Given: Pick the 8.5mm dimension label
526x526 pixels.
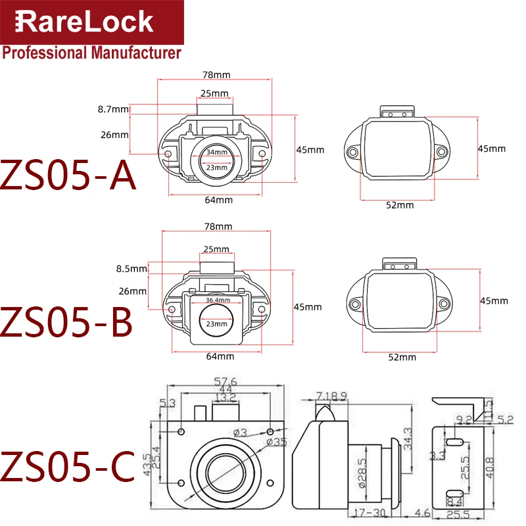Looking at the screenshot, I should click(x=131, y=268).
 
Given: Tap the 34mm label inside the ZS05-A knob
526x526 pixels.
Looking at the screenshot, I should click(x=216, y=152).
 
